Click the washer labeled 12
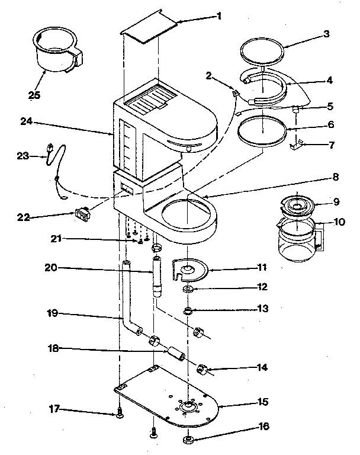tap(188, 289)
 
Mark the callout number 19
tap(53, 313)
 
